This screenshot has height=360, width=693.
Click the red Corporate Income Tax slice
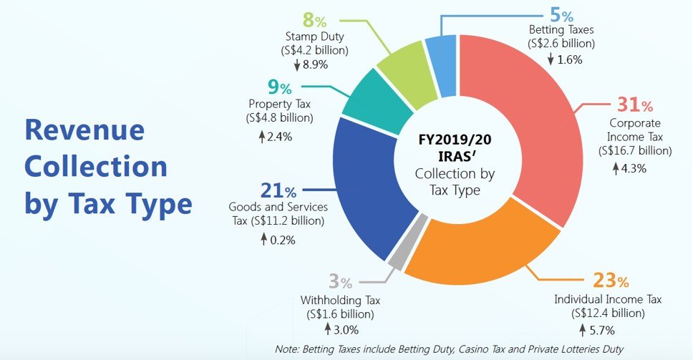click(x=530, y=143)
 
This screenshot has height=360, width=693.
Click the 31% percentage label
click(x=634, y=105)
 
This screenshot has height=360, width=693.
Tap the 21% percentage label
click(x=278, y=192)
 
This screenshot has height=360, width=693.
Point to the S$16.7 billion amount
click(x=635, y=151)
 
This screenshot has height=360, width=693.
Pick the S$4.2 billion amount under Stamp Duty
click(x=316, y=50)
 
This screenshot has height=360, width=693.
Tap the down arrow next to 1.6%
click(x=551, y=60)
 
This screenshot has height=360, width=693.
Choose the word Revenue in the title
click(x=84, y=130)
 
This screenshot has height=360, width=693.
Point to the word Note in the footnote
click(x=289, y=349)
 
